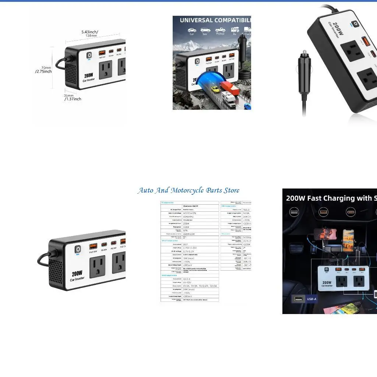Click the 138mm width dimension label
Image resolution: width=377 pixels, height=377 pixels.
coord(91,36)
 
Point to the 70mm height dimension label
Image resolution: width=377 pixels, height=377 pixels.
coord(46,68)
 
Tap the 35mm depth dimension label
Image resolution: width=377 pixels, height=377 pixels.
coord(69,95)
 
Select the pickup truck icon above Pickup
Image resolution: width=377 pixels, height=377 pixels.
coord(220,30)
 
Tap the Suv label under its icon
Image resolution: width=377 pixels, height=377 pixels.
coord(205,34)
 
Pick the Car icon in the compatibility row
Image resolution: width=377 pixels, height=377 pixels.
coord(192,30)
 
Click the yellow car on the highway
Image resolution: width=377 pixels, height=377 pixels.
coord(215,89)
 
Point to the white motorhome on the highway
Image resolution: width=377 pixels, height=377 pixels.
coord(228,99)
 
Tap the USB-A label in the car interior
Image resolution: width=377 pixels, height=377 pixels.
coord(311,299)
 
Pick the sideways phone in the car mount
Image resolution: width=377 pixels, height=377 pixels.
coord(325,234)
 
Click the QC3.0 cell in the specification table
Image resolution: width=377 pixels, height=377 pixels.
coord(187,279)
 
